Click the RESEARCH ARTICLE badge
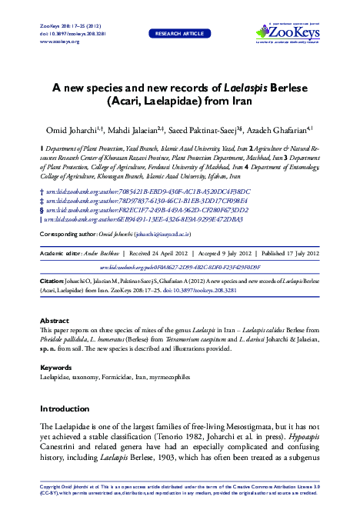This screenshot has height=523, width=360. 180,34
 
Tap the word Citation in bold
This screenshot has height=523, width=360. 52,282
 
